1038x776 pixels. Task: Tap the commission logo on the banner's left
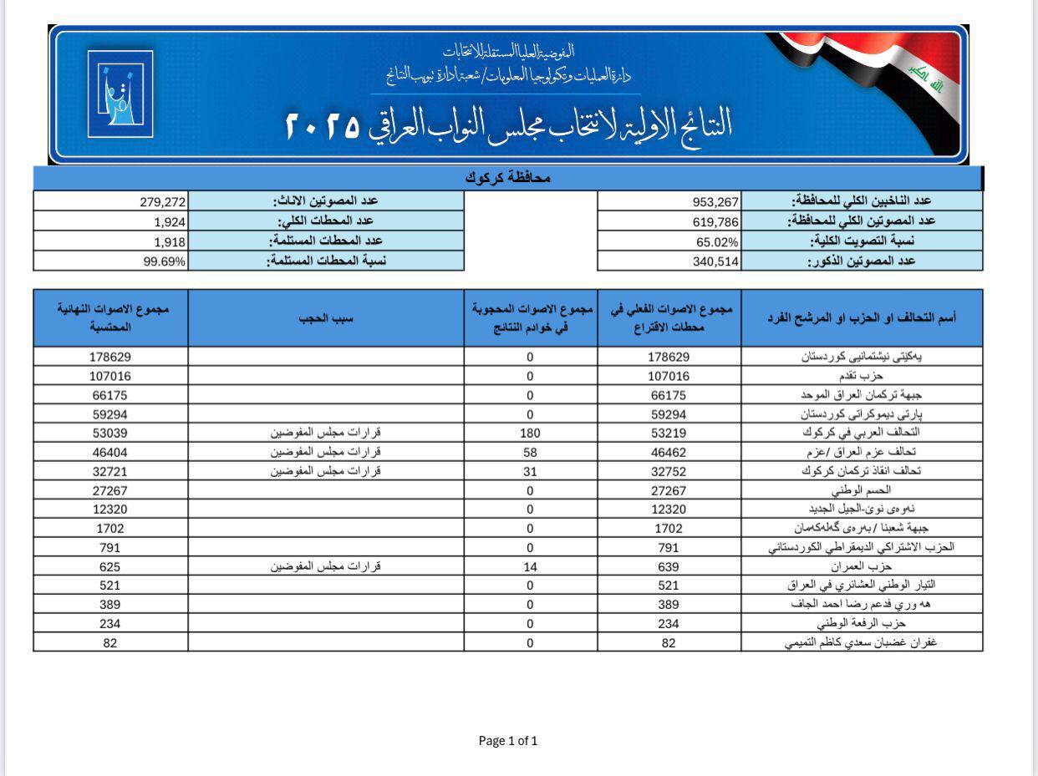pos(120,94)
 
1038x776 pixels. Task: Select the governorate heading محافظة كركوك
pos(507,179)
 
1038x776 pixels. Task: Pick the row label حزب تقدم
pos(871,376)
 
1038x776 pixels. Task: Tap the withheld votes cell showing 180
pos(530,433)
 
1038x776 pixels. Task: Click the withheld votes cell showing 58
pos(530,452)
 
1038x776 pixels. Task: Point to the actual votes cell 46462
pos(669,452)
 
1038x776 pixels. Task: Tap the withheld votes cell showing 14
pos(530,566)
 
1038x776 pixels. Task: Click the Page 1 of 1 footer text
pos(508,740)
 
